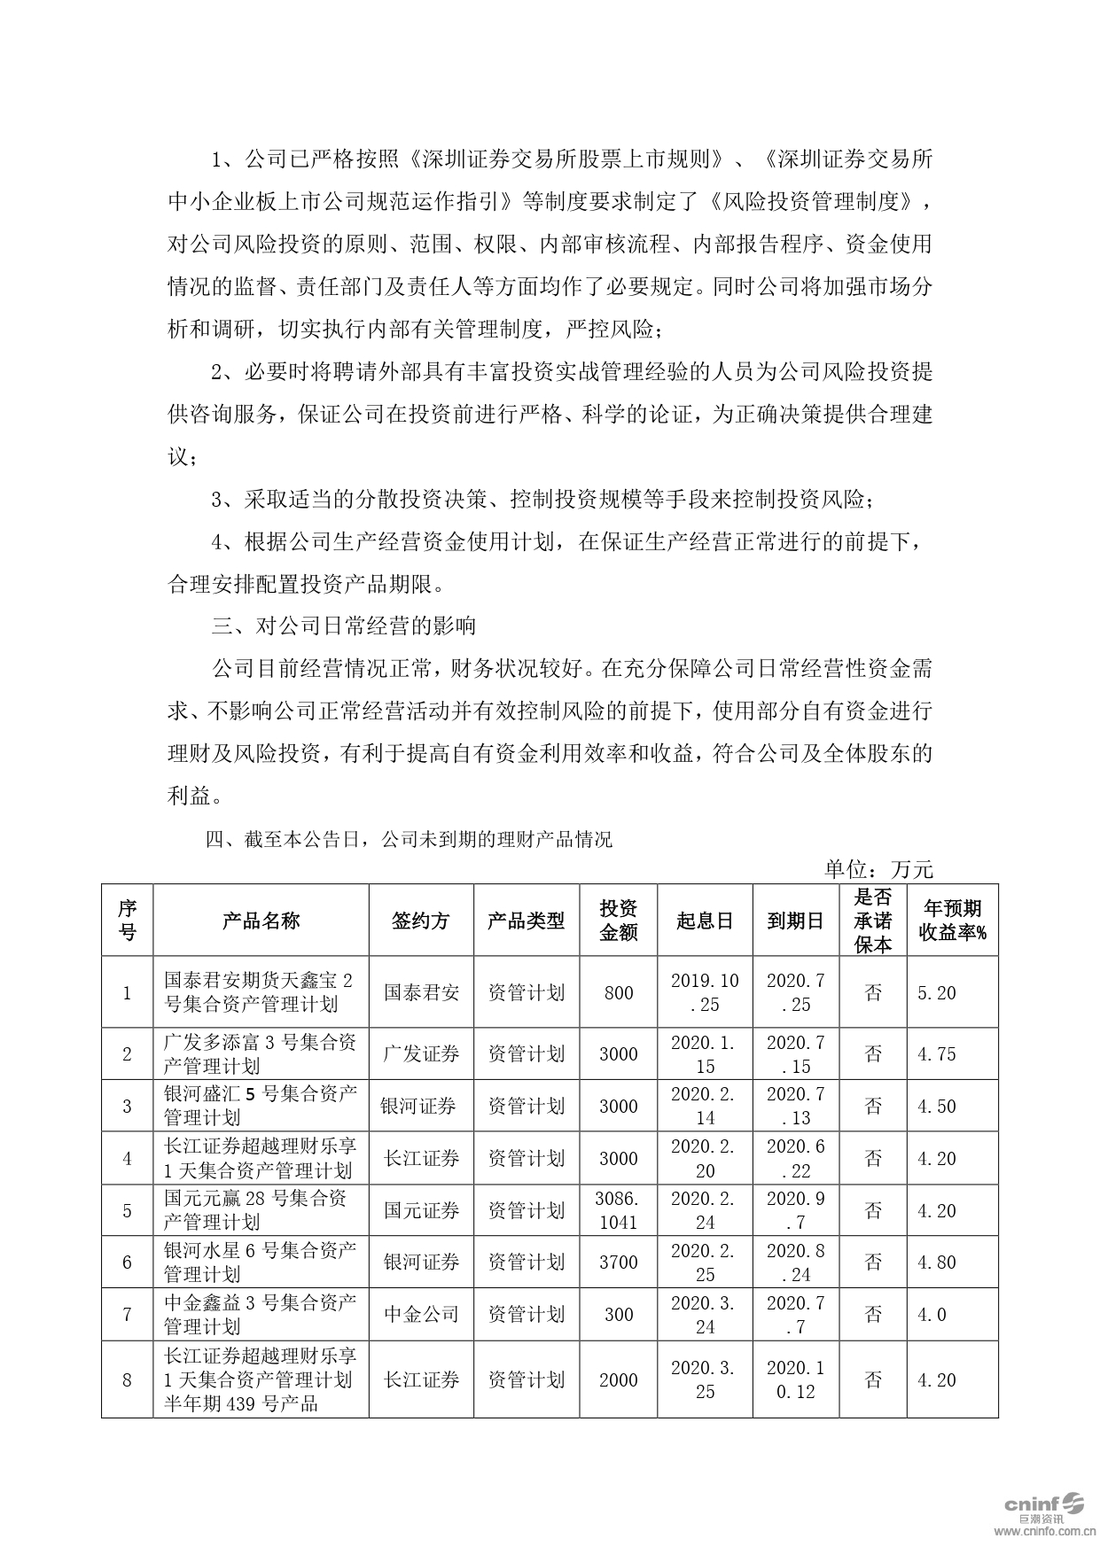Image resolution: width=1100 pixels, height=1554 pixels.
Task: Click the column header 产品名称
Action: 261,921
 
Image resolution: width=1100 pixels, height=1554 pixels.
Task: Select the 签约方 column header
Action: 421,921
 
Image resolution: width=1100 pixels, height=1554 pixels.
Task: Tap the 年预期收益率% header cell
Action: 953,921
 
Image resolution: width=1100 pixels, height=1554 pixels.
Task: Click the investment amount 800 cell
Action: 619,992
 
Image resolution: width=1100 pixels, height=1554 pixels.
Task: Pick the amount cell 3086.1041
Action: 619,1210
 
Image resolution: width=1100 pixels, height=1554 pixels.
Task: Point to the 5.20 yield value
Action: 937,992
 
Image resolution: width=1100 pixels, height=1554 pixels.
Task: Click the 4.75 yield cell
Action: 937,1053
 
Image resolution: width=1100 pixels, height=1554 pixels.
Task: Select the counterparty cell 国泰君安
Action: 421,992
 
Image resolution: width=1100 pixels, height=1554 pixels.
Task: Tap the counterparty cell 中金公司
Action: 421,1314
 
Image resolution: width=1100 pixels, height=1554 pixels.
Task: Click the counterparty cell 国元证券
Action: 421,1210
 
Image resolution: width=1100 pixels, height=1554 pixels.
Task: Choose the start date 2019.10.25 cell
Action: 705,992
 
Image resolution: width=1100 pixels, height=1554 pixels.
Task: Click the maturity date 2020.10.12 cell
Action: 795,1379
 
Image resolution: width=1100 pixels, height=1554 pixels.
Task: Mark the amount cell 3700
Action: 619,1262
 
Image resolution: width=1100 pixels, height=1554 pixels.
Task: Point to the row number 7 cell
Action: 127,1314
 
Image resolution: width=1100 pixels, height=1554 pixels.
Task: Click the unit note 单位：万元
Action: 878,869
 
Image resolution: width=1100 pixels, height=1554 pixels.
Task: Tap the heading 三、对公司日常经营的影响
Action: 344,626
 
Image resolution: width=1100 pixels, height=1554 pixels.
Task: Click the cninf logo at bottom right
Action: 1042,1504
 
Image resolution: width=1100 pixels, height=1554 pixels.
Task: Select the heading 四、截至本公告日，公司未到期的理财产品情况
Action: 409,839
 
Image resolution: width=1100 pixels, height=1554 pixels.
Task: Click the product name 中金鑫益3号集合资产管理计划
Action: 261,1314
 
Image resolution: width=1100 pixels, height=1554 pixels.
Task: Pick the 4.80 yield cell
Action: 937,1262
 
